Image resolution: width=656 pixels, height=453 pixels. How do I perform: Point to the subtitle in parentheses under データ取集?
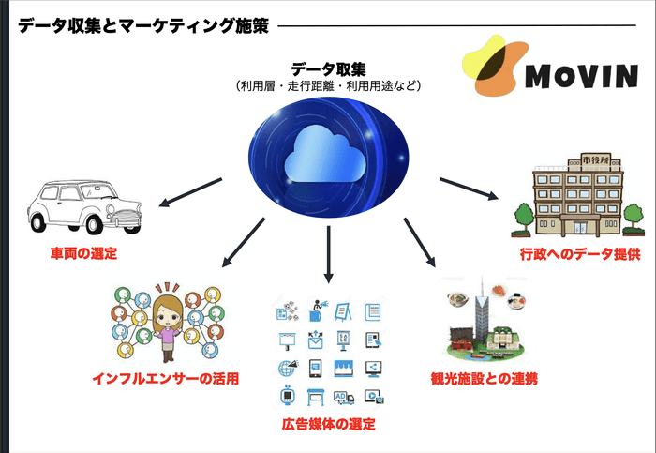click(328, 85)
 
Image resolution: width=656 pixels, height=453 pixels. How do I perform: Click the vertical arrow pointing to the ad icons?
click(328, 251)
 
